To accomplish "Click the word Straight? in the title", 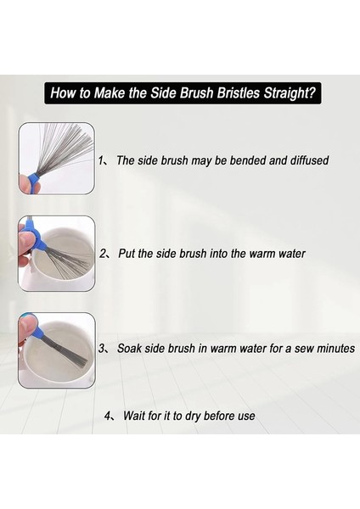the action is pos(290,93).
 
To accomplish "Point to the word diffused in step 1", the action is pos(309,160).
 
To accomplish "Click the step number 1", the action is pos(101,160).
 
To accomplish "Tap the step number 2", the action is pos(103,254).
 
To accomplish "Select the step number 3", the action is pos(102,349).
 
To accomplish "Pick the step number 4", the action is pos(108,416).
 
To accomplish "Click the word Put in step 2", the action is pos(127,254).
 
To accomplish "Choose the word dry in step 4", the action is pos(193,417).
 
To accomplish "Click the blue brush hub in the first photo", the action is pos(33,182).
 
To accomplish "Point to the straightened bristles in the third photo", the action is pos(66,350).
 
